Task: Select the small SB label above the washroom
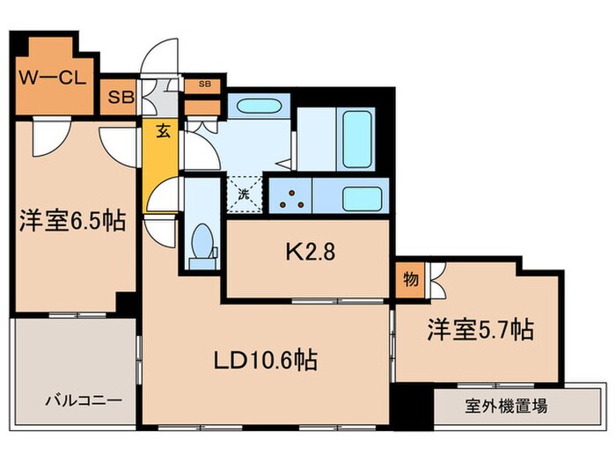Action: point(204,84)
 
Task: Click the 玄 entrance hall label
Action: point(164,132)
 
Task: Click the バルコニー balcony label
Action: point(85,401)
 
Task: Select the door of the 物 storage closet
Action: point(436,280)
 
